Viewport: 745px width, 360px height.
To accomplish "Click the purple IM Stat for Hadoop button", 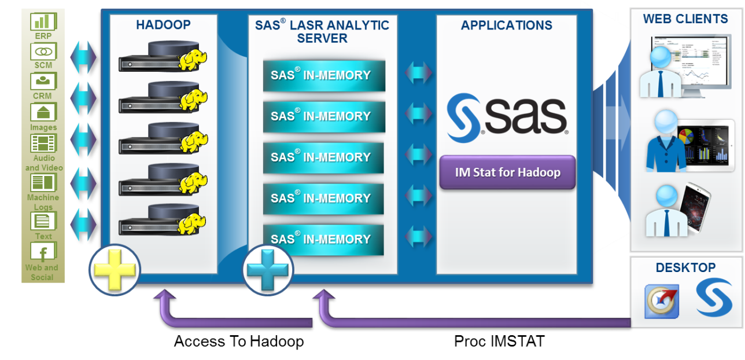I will click(x=507, y=172).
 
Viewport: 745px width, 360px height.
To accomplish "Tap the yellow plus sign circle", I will click(x=114, y=269).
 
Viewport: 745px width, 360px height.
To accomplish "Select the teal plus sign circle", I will click(x=267, y=270).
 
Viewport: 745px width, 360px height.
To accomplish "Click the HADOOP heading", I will click(x=163, y=25).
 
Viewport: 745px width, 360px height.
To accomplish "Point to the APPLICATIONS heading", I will click(x=506, y=25).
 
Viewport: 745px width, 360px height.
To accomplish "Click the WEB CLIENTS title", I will click(x=685, y=19).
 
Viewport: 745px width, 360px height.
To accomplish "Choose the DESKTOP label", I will click(x=685, y=267).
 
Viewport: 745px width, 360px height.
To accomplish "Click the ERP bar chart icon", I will click(x=43, y=21).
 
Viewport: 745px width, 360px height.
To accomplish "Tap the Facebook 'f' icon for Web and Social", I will click(x=43, y=252).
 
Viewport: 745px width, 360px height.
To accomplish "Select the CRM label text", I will click(x=42, y=95).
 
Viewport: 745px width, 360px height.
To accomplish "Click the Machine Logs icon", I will click(x=43, y=183).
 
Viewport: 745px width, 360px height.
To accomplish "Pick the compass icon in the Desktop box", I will click(x=661, y=302).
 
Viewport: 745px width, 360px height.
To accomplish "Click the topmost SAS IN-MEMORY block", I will click(x=324, y=75).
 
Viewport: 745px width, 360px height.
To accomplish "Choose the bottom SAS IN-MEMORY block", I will click(x=323, y=239).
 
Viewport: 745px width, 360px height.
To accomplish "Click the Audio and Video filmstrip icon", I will click(x=43, y=143).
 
